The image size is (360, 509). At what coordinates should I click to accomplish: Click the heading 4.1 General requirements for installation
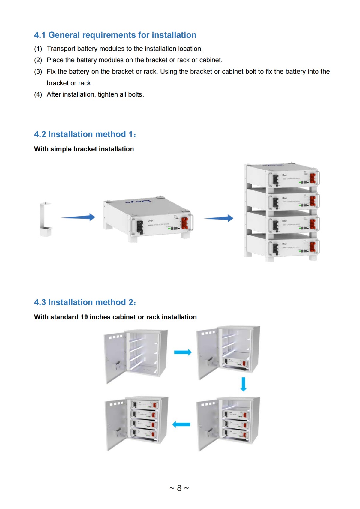pos(115,35)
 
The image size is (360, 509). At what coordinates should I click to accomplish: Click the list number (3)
pos(38,72)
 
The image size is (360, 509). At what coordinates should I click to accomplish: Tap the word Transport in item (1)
pos(61,49)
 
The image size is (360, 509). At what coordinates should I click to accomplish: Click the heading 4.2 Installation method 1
pos(85,134)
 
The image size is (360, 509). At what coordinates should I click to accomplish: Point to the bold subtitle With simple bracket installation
pos(84,149)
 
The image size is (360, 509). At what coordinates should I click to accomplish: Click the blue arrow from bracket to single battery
pos(78,217)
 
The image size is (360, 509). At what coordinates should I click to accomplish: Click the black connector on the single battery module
pos(140,227)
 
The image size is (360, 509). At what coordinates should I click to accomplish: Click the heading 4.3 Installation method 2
pos(85,302)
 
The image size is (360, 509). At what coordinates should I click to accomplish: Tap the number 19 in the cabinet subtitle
pos(84,317)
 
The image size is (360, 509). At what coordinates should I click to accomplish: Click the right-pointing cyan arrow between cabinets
pos(183,352)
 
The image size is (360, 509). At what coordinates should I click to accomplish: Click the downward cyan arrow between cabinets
pos(244,384)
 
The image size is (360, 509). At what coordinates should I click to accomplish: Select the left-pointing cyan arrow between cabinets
pos(181,424)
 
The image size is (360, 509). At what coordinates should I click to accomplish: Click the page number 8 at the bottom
pos(179,488)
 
